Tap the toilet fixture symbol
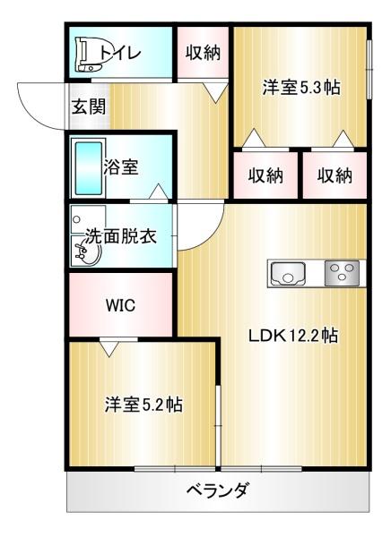[x=89, y=55]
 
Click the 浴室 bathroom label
[x=121, y=166]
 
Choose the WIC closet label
[x=120, y=304]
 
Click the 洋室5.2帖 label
[x=143, y=404]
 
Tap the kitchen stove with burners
[x=342, y=272]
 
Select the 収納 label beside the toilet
[x=202, y=52]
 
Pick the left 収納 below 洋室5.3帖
[x=265, y=175]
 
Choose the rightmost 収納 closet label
[x=334, y=175]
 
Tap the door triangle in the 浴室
[x=159, y=192]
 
